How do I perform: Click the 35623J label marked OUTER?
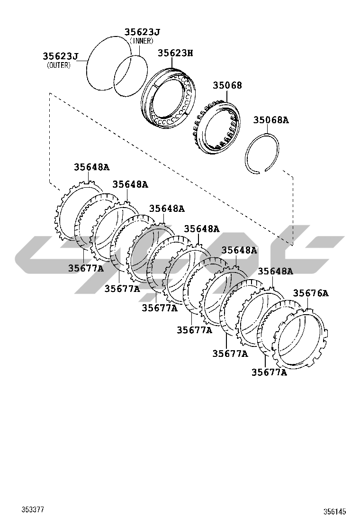(61, 56)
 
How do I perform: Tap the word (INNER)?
(141, 41)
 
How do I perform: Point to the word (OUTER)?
(59, 65)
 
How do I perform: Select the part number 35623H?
(175, 53)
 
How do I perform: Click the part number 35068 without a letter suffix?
(227, 85)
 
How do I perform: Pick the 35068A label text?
(270, 120)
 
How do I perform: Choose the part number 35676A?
(311, 293)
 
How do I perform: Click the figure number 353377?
(33, 510)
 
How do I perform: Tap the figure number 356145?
(334, 512)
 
